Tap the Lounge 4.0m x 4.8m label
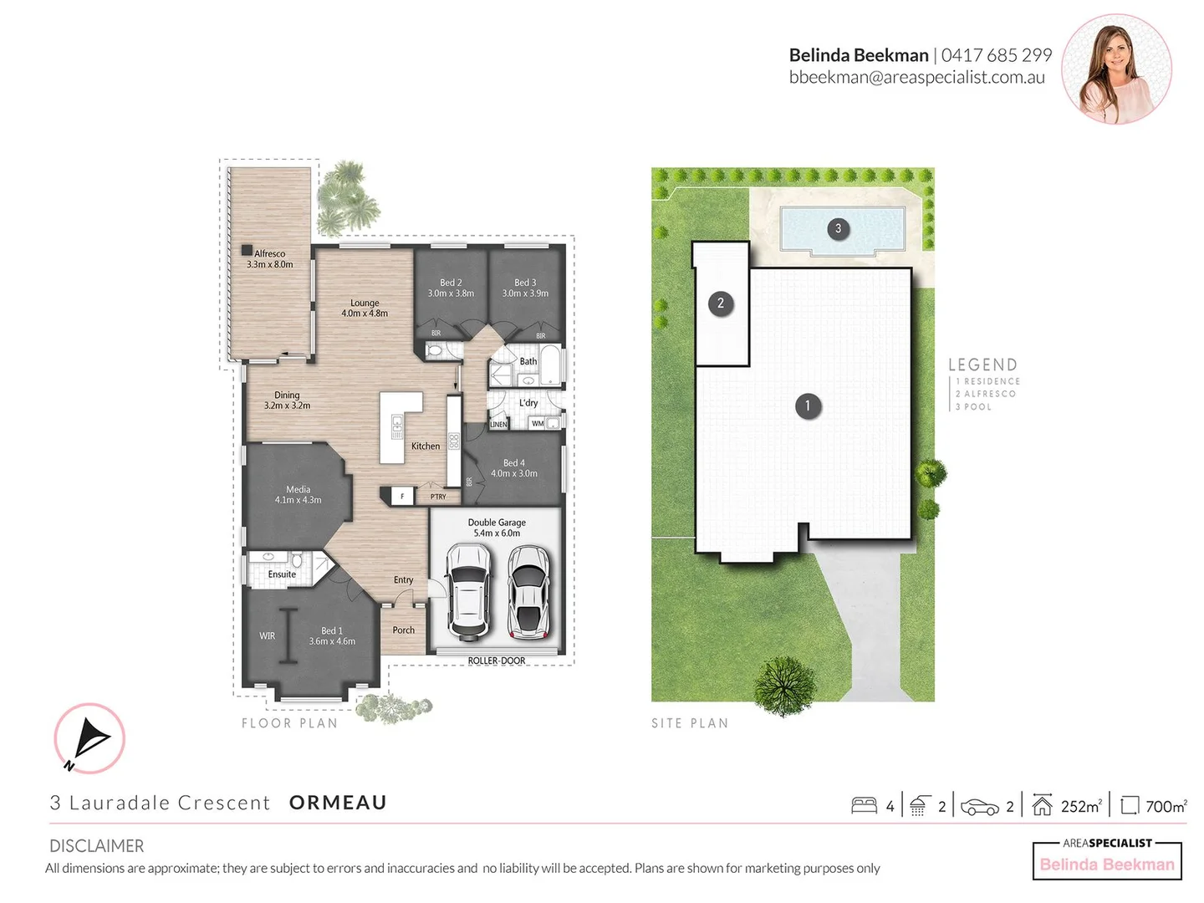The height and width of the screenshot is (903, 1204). [x=365, y=308]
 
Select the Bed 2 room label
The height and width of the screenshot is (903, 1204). [x=451, y=288]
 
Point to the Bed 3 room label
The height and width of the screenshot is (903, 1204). [x=525, y=288]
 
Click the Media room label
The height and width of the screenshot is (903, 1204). [x=298, y=494]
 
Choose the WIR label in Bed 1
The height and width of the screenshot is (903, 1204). [x=267, y=635]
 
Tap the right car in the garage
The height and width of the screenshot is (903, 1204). [x=528, y=592]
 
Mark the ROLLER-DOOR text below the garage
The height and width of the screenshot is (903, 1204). [x=497, y=661]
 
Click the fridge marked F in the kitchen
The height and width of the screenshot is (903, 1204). [x=402, y=496]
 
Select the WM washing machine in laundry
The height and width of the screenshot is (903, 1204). [x=538, y=423]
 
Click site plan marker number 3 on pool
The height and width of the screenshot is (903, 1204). [x=839, y=228]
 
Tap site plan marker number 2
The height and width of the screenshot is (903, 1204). [x=721, y=304]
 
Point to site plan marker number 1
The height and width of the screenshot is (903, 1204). [x=808, y=406]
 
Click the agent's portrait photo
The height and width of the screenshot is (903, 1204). [x=1116, y=69]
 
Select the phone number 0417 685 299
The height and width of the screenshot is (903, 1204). [x=996, y=55]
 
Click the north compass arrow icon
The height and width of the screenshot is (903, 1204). [x=89, y=738]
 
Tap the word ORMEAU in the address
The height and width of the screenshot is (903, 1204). [x=338, y=803]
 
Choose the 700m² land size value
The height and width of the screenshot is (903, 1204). [x=1166, y=806]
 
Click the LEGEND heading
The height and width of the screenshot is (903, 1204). [x=982, y=365]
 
